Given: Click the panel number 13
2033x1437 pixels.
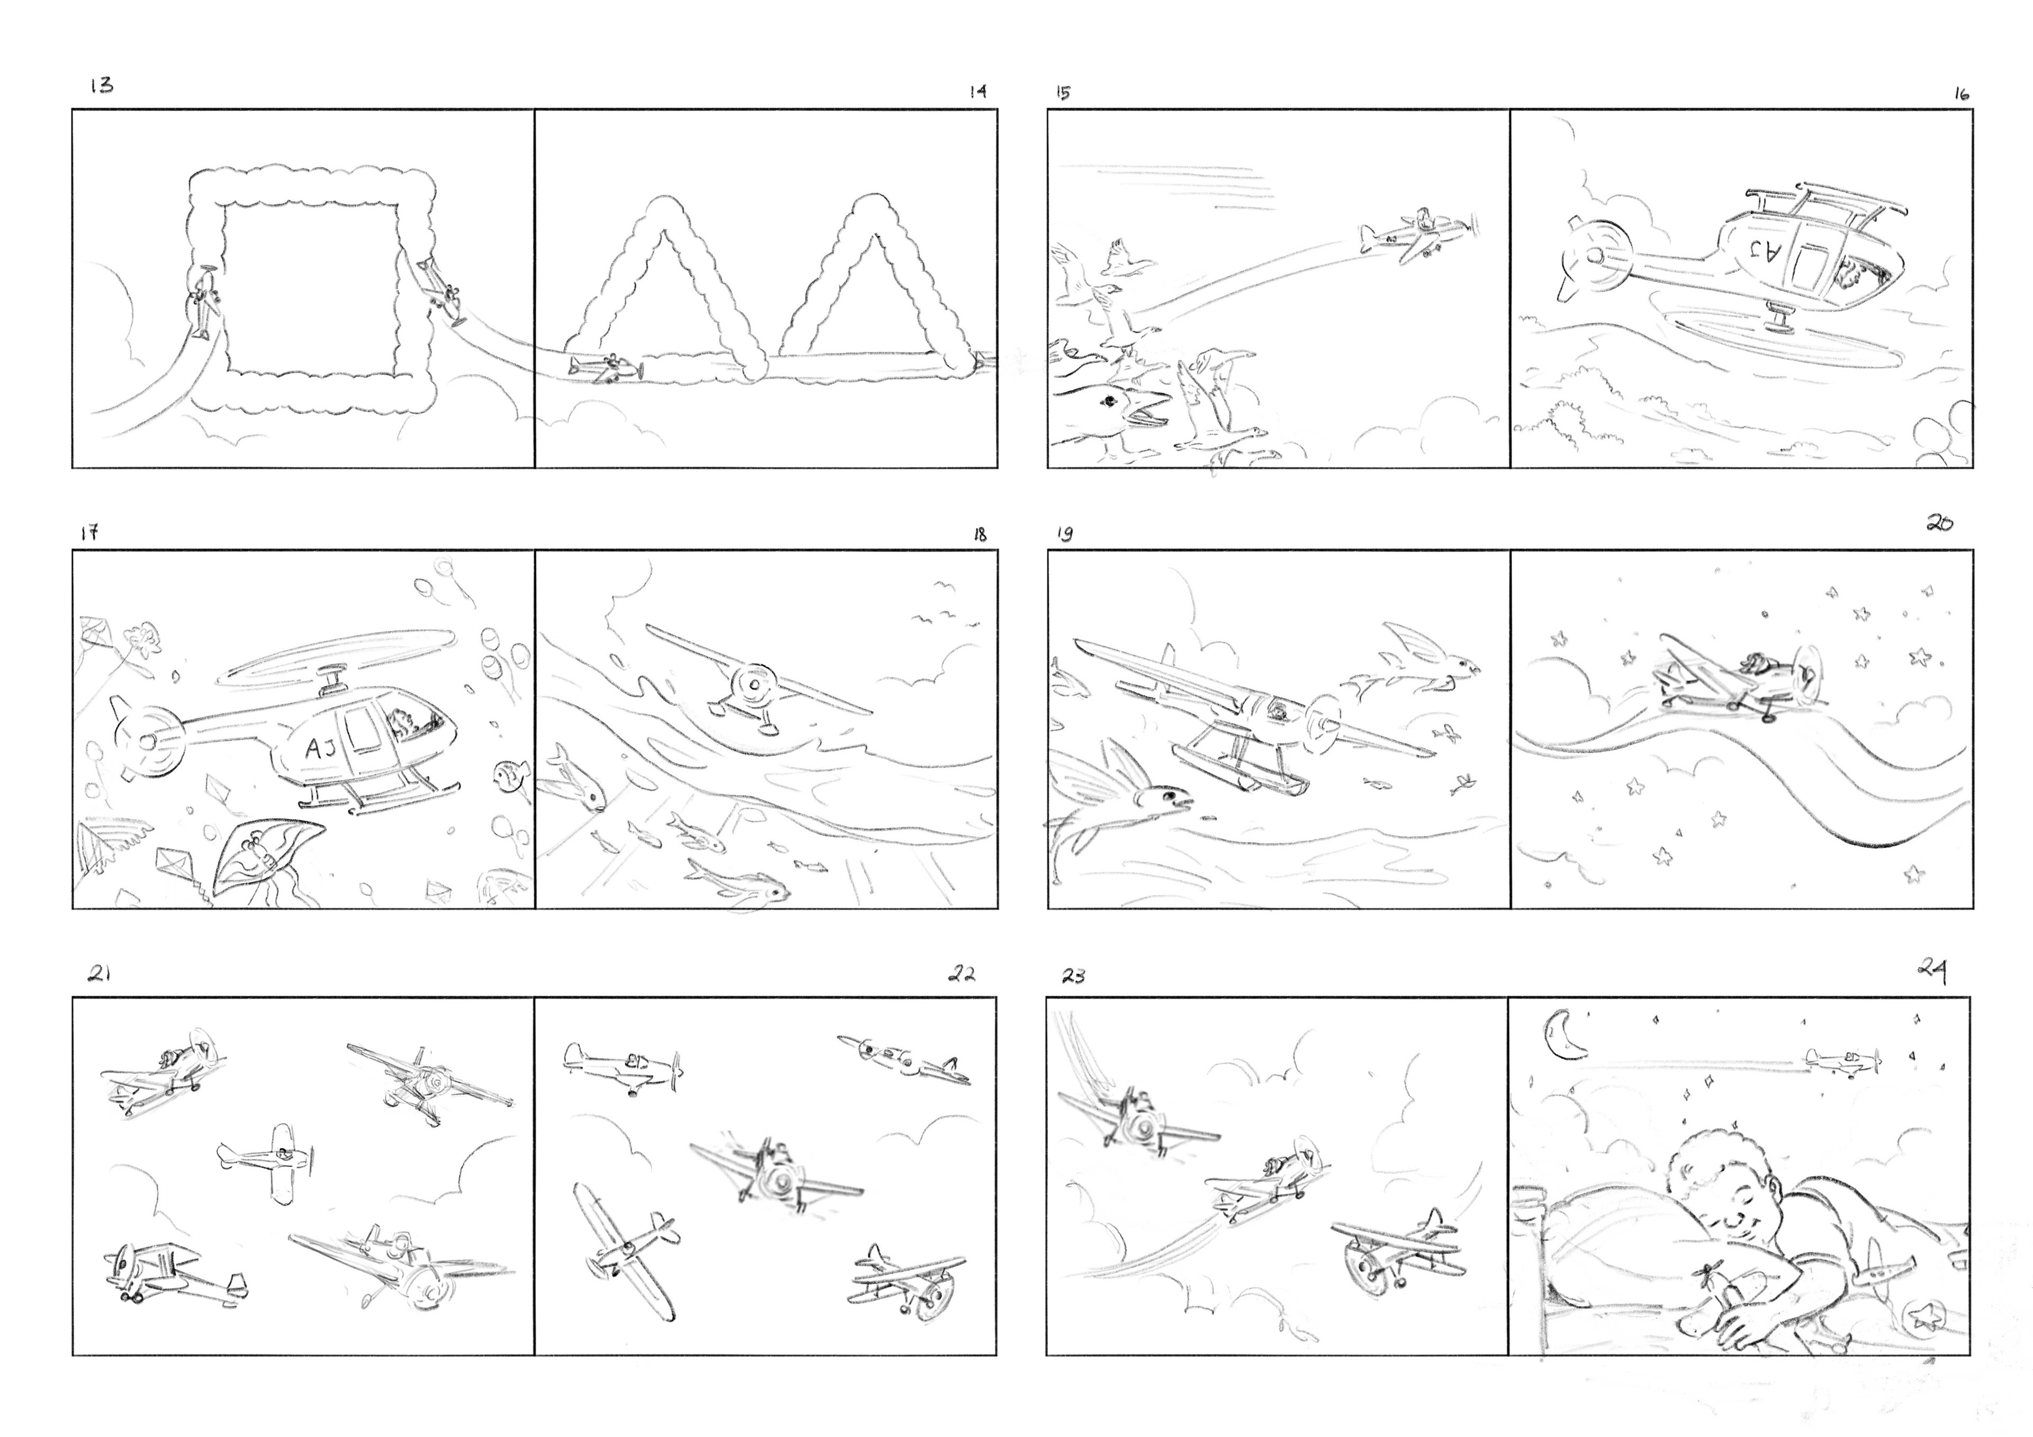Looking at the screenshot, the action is pos(102,85).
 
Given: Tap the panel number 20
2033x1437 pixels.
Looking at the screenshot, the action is pos(1939,523).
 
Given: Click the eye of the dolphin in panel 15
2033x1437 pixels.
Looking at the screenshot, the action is pos(1107,402).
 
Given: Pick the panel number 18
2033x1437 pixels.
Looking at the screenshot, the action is pos(979,535).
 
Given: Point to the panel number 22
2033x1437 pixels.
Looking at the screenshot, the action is pos(961,974).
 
